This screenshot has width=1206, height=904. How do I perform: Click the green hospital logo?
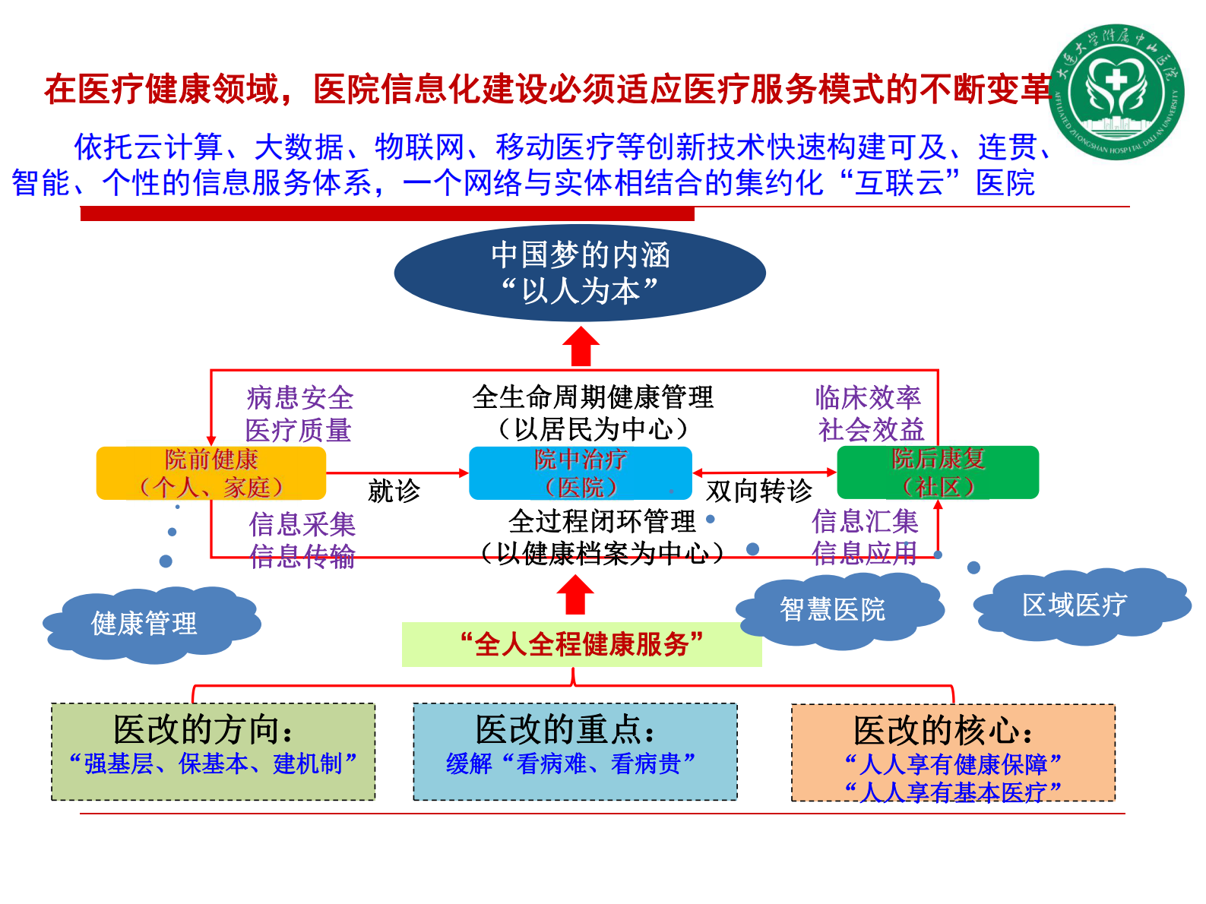[1116, 92]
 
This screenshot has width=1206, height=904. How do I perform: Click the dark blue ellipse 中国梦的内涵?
[580, 273]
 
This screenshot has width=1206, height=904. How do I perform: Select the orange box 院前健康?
[211, 473]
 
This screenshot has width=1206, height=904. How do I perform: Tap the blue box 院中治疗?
[581, 473]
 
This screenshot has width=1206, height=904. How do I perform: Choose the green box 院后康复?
[938, 472]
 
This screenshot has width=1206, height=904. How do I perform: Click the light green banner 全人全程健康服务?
[581, 644]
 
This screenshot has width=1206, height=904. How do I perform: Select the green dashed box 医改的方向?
[213, 751]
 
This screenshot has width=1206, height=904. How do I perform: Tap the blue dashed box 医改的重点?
[575, 751]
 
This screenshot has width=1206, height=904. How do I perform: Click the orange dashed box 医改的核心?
[953, 752]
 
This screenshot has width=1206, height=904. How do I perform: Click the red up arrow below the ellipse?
[581, 347]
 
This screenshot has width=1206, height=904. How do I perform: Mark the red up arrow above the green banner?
[575, 595]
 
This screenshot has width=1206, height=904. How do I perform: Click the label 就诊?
[394, 491]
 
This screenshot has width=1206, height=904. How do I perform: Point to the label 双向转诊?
[758, 491]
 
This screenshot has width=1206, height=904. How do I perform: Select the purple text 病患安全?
[300, 398]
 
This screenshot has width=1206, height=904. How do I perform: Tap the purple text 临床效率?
[868, 397]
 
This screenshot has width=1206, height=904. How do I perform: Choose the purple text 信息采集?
[302, 524]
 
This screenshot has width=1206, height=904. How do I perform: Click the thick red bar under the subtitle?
[387, 214]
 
